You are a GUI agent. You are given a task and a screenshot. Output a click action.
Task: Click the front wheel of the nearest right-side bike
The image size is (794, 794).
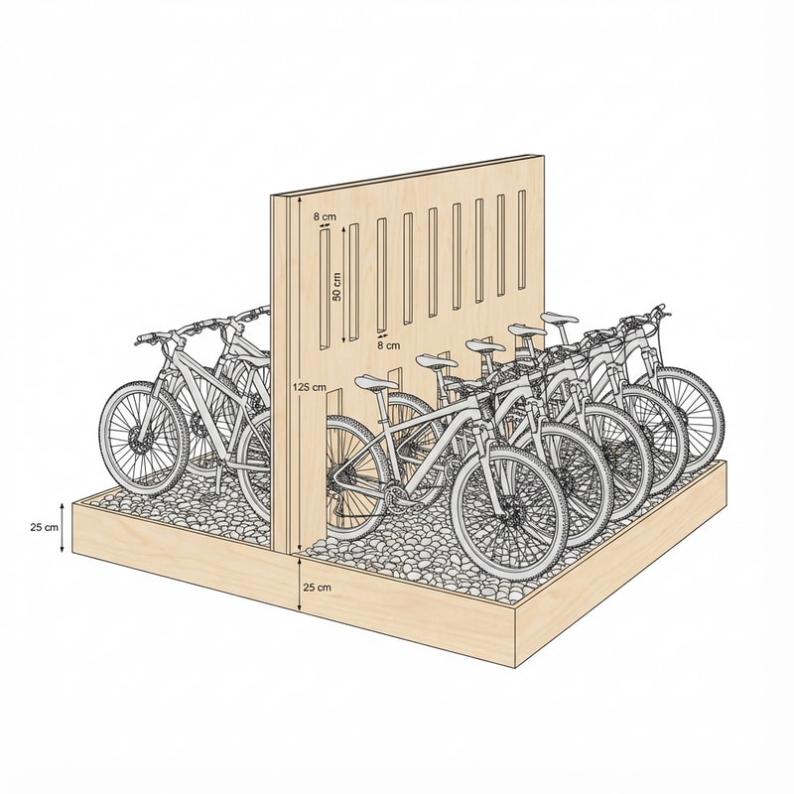[x=510, y=509]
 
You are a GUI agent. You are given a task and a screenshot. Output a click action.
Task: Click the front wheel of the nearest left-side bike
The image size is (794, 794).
[x=145, y=438]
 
